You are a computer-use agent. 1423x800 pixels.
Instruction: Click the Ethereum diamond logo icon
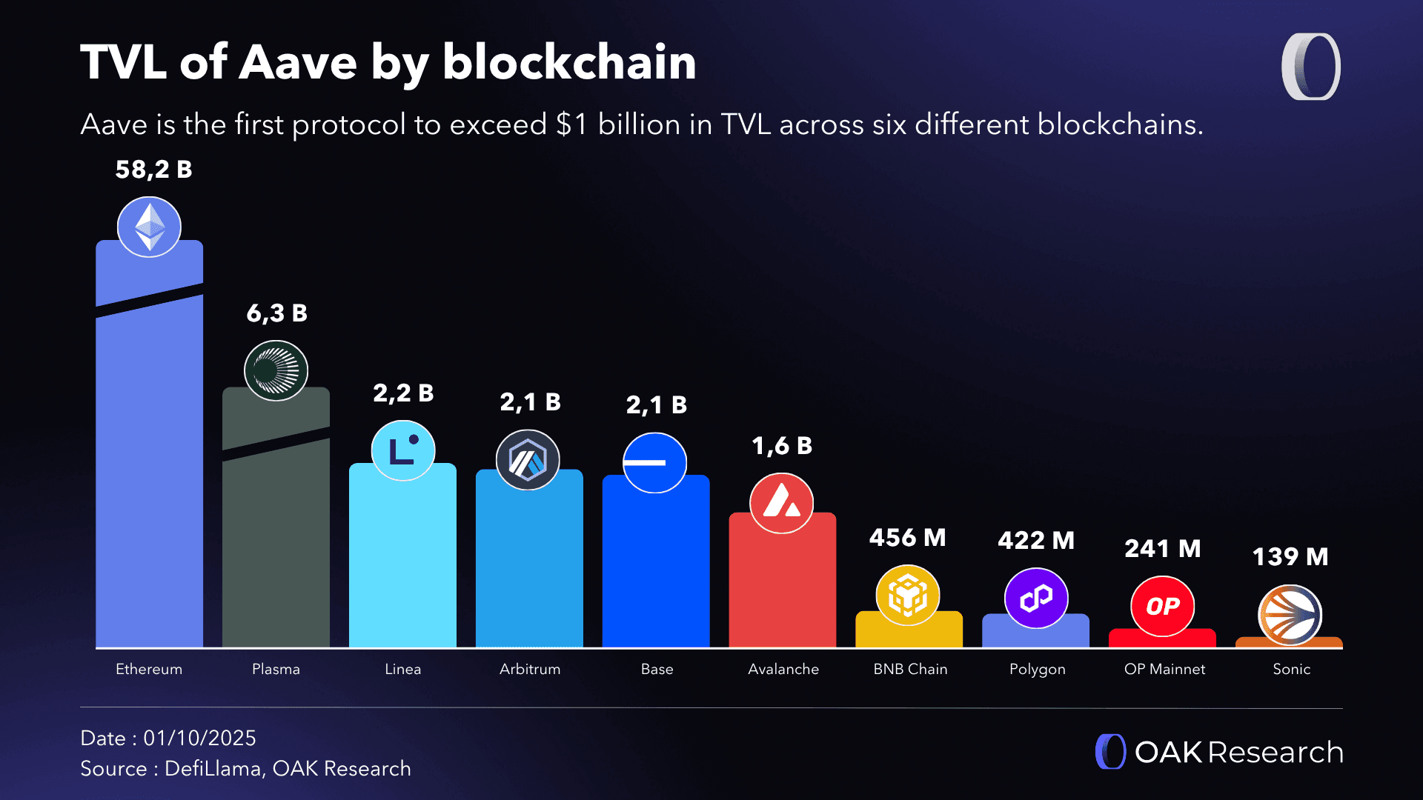pos(149,227)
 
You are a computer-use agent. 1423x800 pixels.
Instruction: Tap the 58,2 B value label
pos(153,170)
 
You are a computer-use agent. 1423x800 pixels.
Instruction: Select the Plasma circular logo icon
pos(276,370)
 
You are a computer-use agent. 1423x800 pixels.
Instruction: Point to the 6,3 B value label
pos(276,313)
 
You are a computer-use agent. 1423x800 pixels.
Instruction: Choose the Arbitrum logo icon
pos(528,460)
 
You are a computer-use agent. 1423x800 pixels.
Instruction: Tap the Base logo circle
pos(654,463)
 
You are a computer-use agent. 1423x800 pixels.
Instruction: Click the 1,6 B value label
pos(782,446)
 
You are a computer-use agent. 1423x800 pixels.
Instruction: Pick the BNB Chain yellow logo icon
pos(908,595)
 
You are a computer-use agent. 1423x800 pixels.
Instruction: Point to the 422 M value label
pos(1035,541)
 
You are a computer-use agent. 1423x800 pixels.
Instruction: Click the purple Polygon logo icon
pos(1035,598)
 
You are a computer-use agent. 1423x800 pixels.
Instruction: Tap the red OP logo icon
pos(1162,606)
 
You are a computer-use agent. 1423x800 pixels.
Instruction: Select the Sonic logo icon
pos(1290,615)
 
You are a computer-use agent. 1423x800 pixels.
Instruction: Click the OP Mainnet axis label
pos(1164,669)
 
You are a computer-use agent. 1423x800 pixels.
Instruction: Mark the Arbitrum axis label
pos(530,669)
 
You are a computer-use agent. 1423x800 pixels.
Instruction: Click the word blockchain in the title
pos(569,62)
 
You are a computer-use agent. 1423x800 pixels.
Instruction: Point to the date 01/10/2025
pos(199,738)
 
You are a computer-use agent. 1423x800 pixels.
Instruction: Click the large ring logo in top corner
pos(1310,67)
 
